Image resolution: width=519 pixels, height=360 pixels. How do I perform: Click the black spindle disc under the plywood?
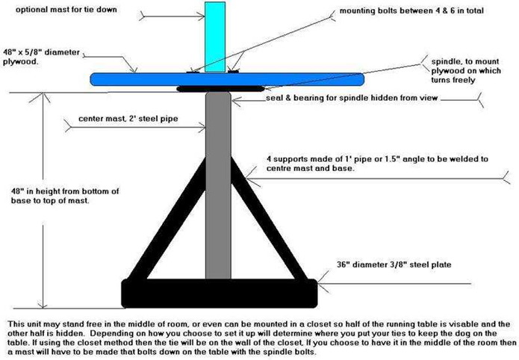[x=205, y=89]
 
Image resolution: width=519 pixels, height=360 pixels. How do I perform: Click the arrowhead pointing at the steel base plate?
[x=320, y=282]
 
